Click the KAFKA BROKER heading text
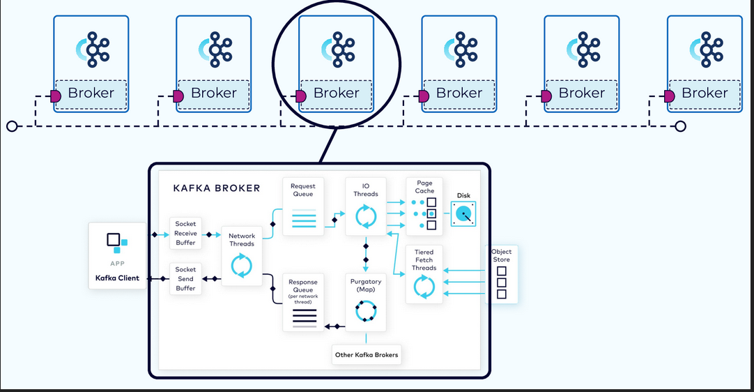[x=217, y=188]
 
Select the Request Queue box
[x=303, y=206]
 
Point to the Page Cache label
[x=424, y=186]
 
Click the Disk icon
[x=463, y=213]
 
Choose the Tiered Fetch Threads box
[x=424, y=273]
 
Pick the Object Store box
[x=501, y=273]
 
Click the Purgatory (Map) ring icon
[x=366, y=310]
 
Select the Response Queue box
[x=303, y=303]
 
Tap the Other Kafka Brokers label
[x=367, y=355]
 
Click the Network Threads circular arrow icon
[x=242, y=266]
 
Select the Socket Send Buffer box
[x=185, y=278]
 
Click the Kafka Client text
[x=117, y=278]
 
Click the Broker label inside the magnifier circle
[x=337, y=93]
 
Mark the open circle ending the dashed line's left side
[x=10, y=126]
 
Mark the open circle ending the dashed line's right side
[x=681, y=126]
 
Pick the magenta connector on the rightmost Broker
[x=670, y=96]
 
